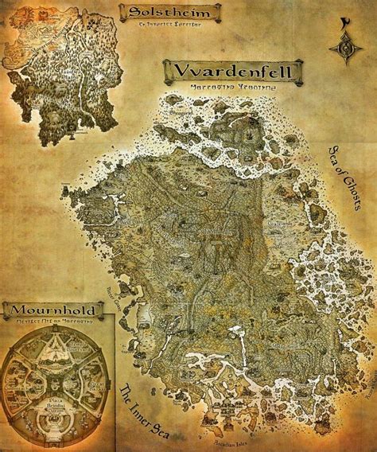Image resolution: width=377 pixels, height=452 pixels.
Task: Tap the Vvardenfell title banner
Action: click(233, 72)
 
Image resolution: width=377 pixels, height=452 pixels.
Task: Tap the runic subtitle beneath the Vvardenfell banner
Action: click(233, 88)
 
